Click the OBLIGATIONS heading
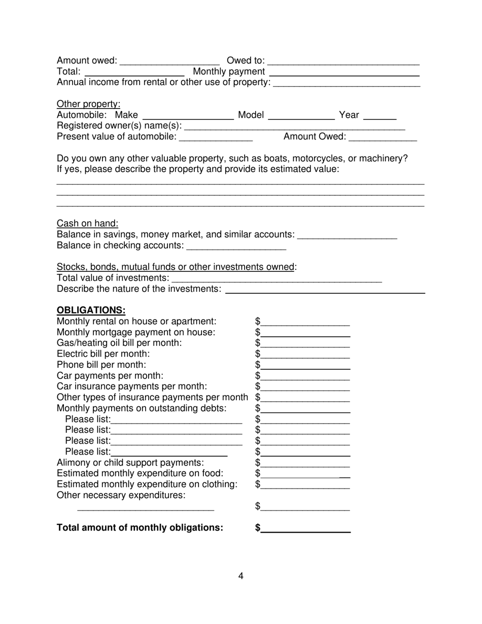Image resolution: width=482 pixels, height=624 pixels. tap(91, 310)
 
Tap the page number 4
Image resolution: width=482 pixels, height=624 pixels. tap(240, 576)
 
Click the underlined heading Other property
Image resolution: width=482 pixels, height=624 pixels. tap(88, 104)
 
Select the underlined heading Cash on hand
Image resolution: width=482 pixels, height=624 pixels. tap(87, 223)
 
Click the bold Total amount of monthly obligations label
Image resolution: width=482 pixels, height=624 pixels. tap(140, 528)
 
